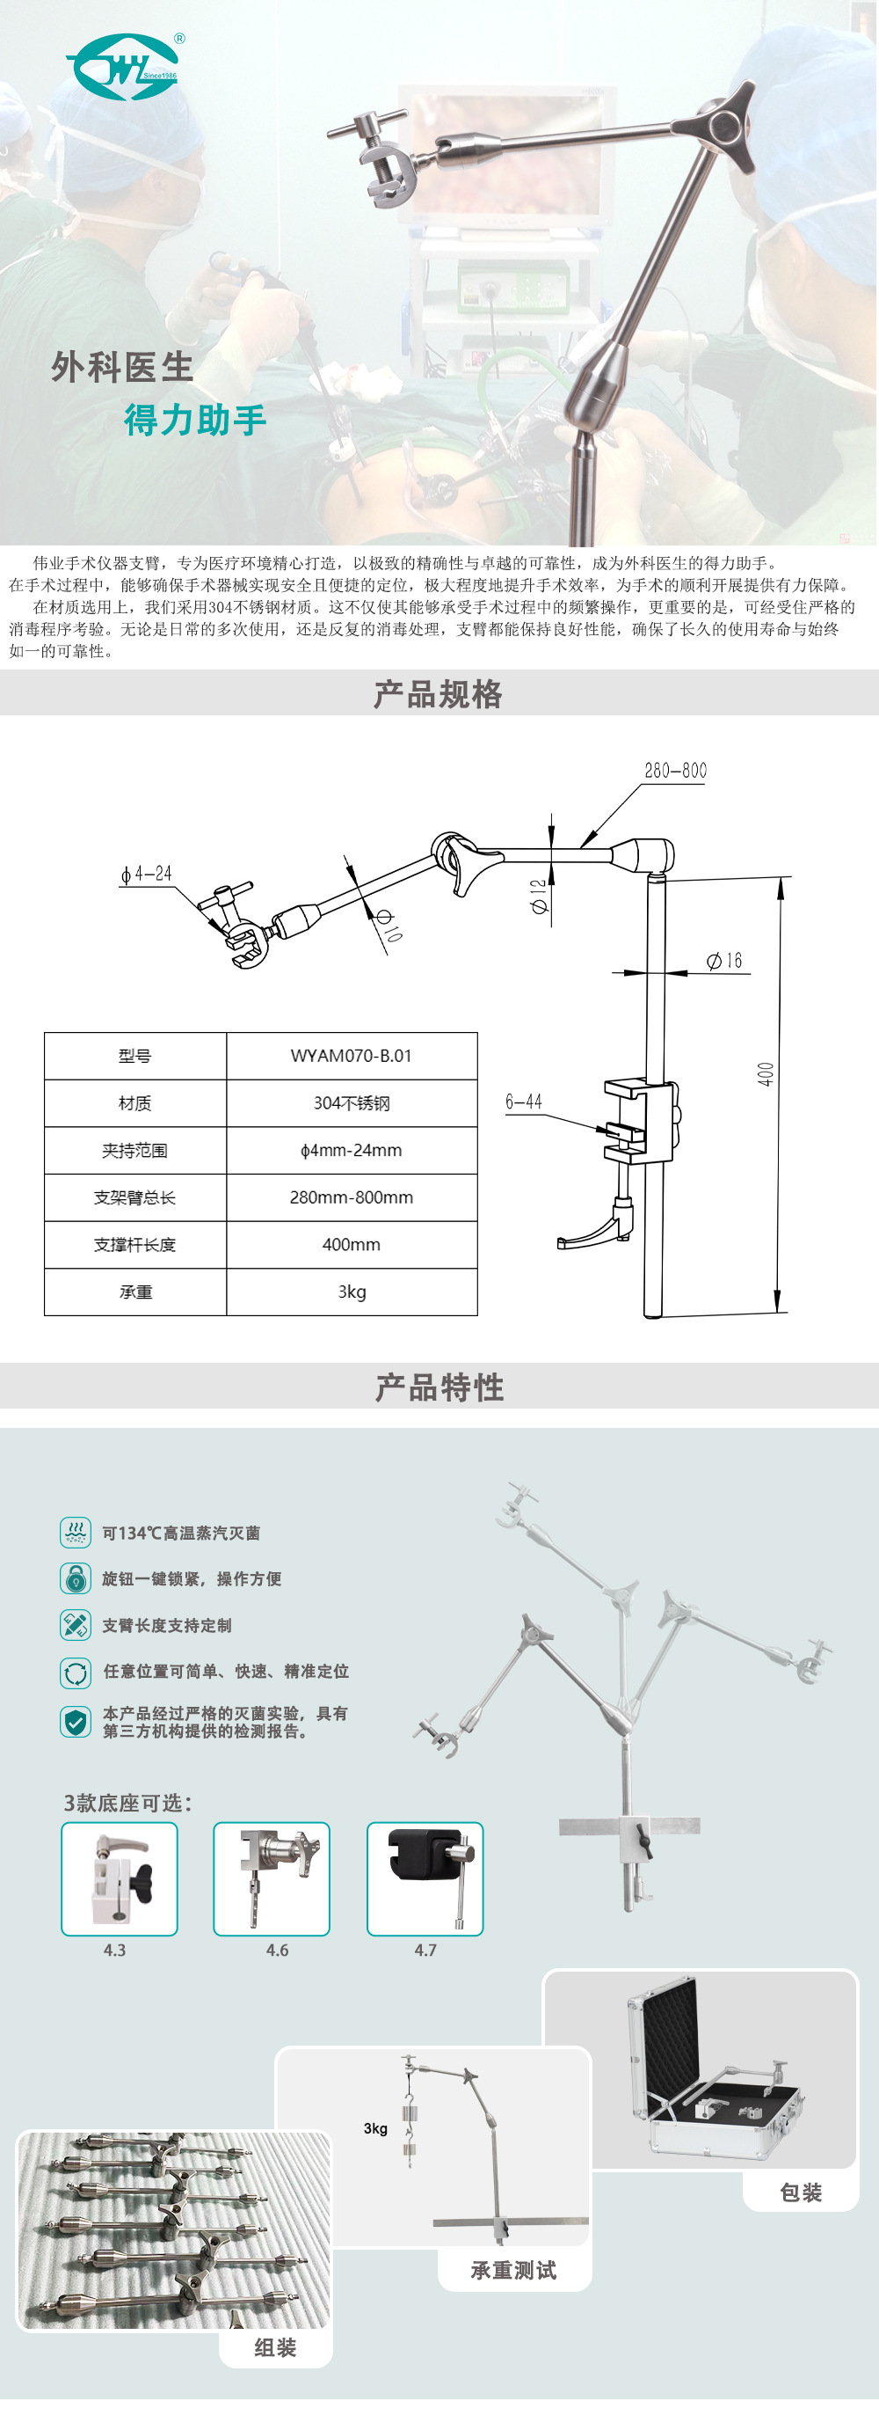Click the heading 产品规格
click(x=438, y=694)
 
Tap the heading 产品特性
click(x=439, y=1387)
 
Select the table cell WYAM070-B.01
click(x=351, y=1056)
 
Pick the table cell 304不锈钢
click(x=351, y=1103)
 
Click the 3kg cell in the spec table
click(x=351, y=1292)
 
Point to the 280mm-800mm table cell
click(x=351, y=1197)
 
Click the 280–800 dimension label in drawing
click(x=675, y=772)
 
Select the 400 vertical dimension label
click(x=766, y=1074)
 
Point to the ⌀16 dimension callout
click(x=725, y=961)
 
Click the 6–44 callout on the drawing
click(x=524, y=1102)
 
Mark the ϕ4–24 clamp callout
click(x=147, y=874)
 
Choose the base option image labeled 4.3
click(x=120, y=1879)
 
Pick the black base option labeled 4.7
click(x=425, y=1879)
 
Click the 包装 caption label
click(x=801, y=2192)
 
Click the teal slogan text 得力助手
click(x=195, y=421)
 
